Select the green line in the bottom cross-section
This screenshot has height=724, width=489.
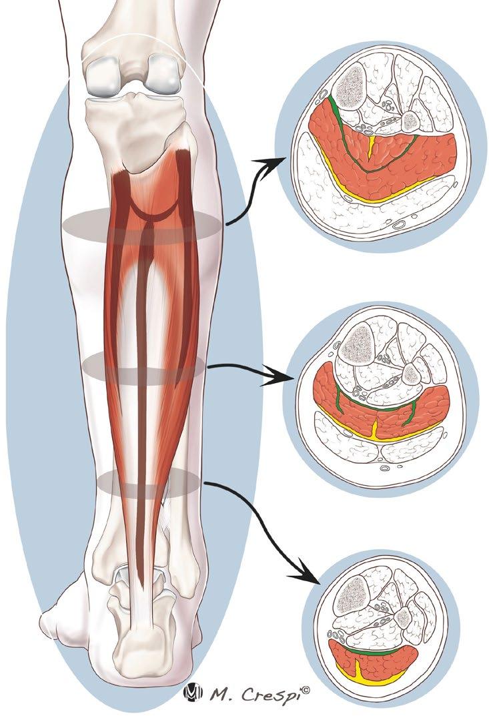(x=380, y=651)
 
